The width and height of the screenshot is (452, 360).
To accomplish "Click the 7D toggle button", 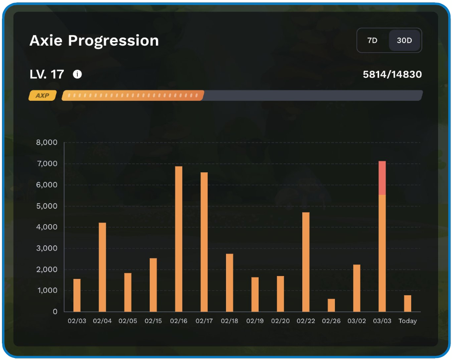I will [x=372, y=40].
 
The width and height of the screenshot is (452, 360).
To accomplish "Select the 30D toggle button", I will [x=404, y=40].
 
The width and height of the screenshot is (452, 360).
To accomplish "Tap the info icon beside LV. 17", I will [x=77, y=74].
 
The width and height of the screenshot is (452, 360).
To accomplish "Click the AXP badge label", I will [x=42, y=96].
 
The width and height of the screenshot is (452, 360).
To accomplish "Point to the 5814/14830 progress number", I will [x=393, y=74].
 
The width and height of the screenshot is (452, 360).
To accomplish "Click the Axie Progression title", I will [x=94, y=41].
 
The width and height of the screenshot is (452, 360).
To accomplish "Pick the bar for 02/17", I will [x=204, y=242].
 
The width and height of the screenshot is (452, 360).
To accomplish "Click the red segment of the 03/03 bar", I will [x=382, y=178].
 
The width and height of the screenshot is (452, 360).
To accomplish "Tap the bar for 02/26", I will [x=331, y=305].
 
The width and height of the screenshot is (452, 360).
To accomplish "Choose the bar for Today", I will [x=407, y=303].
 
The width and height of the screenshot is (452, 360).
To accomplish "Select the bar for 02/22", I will [x=306, y=262].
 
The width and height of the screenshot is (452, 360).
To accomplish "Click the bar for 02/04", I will [x=102, y=267].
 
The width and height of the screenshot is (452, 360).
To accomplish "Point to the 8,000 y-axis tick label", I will [x=47, y=143].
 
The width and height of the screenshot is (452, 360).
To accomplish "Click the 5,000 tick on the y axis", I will [x=47, y=206].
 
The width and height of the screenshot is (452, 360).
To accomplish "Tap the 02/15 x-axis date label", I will [x=153, y=321].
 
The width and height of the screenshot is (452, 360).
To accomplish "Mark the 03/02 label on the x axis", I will [x=357, y=321].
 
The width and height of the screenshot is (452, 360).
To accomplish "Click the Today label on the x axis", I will [x=407, y=321].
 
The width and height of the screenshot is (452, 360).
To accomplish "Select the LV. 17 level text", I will [x=47, y=74].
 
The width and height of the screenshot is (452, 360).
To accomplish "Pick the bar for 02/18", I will [x=229, y=283].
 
